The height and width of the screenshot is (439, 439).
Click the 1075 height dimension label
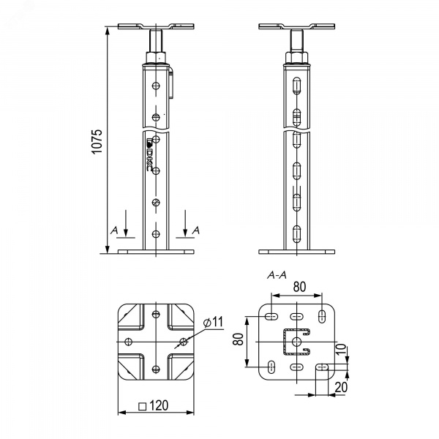pyautogui.click(x=97, y=141)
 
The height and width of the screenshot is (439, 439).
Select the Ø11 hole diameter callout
pyautogui.click(x=214, y=322)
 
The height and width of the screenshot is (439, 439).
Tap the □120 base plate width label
pyautogui.click(x=154, y=405)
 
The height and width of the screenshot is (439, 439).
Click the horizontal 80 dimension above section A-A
pyautogui.click(x=299, y=287)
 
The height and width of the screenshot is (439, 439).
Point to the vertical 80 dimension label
pyautogui.click(x=239, y=339)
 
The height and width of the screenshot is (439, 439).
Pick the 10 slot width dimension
pyautogui.click(x=341, y=350)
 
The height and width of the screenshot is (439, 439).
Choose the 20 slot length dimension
pyautogui.click(x=341, y=387)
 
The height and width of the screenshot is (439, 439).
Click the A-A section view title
pyautogui.click(x=277, y=276)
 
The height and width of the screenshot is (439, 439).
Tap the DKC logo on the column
pyautogui.click(x=149, y=154)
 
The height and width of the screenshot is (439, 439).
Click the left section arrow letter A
pyautogui.click(x=114, y=230)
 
